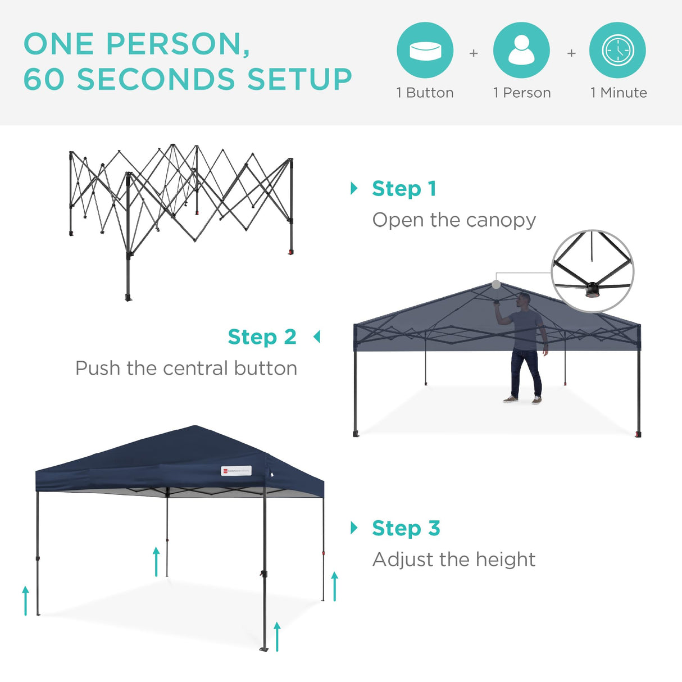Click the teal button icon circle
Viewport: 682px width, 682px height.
[425, 50]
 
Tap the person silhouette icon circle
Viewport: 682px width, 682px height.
[521, 50]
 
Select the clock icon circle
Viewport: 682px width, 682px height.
[617, 50]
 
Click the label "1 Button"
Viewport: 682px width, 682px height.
[425, 93]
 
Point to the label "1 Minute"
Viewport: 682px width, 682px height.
[619, 93]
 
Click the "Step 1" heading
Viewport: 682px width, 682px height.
[404, 189]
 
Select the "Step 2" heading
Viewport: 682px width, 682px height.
[262, 337]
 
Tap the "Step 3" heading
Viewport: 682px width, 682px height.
[406, 528]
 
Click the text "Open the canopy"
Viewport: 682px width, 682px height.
[454, 220]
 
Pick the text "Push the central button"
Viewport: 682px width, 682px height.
[186, 369]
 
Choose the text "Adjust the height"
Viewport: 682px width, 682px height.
[454, 560]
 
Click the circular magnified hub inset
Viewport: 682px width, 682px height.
[593, 271]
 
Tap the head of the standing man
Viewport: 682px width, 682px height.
[524, 299]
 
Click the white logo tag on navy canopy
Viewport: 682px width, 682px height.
[237, 471]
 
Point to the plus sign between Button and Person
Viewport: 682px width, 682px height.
[474, 53]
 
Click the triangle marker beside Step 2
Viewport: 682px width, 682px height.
[317, 337]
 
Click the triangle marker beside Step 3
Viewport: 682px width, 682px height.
[354, 528]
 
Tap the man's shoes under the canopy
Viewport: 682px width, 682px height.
[523, 400]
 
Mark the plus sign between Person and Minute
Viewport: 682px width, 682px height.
[571, 53]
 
